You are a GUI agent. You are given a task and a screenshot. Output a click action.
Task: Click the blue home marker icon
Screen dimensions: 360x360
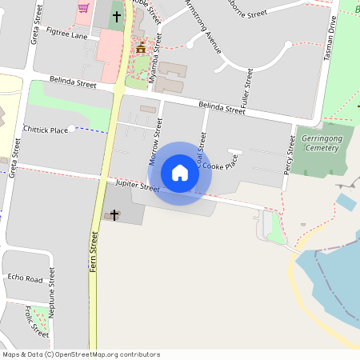180,173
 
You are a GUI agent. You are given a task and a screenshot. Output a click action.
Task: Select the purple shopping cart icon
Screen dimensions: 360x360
83,8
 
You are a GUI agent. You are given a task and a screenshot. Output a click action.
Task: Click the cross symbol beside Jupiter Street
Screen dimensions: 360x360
114,214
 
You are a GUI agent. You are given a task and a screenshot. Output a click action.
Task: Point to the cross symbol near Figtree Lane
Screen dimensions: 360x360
117,16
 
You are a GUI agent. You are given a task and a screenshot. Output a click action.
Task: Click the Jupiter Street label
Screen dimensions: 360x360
138,185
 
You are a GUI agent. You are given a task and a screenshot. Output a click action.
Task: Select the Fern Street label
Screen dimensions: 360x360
94,253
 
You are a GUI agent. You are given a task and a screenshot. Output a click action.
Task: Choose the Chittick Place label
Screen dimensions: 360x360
46,130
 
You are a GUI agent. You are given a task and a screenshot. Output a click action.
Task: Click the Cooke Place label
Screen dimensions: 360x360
220,166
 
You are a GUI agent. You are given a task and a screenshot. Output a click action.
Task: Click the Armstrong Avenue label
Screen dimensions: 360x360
203,27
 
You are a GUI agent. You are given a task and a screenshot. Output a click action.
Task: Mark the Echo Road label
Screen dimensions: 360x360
25,278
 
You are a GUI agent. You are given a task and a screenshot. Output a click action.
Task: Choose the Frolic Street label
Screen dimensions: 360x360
37,319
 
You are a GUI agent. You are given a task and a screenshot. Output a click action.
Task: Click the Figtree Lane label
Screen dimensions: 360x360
67,34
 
